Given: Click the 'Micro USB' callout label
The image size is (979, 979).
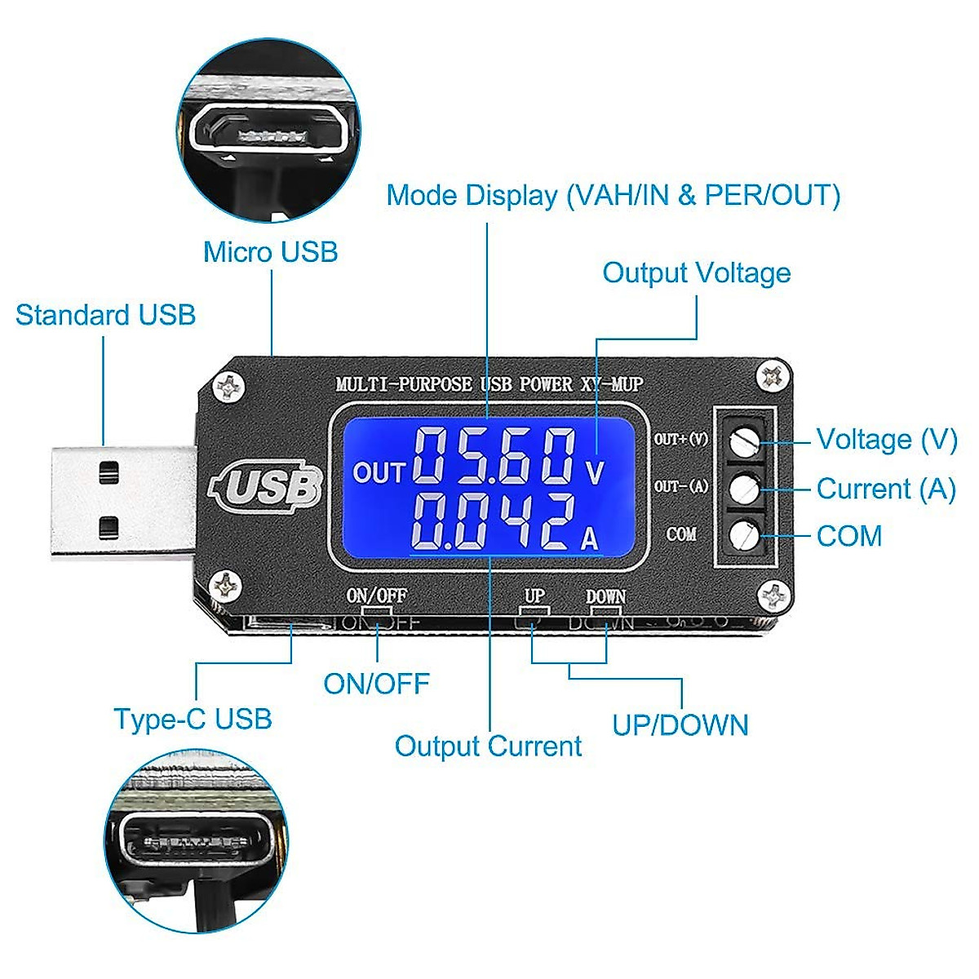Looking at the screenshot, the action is click(x=270, y=252).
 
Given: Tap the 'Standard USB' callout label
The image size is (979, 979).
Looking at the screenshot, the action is click(x=105, y=315).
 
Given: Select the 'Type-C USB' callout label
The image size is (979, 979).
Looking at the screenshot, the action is click(x=193, y=719).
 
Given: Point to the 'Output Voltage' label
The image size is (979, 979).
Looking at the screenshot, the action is click(x=696, y=272).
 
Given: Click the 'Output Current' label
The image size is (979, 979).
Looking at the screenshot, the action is click(x=488, y=746).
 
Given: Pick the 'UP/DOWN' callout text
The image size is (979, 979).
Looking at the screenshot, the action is click(x=680, y=724).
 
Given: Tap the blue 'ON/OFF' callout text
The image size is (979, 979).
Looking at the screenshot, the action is click(x=376, y=684).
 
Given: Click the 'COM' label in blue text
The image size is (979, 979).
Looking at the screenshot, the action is click(x=848, y=536).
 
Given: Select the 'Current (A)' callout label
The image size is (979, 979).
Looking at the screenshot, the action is click(x=885, y=489).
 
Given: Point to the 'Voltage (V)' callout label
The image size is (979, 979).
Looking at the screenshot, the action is click(x=886, y=440).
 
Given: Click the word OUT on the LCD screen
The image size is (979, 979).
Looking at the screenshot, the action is click(x=379, y=473).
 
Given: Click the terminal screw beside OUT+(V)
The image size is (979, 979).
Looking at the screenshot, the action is click(x=744, y=441).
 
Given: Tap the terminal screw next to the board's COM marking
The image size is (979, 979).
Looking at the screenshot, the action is click(x=744, y=536).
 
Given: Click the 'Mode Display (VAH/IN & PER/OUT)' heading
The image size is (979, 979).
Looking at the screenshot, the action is click(x=613, y=196).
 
